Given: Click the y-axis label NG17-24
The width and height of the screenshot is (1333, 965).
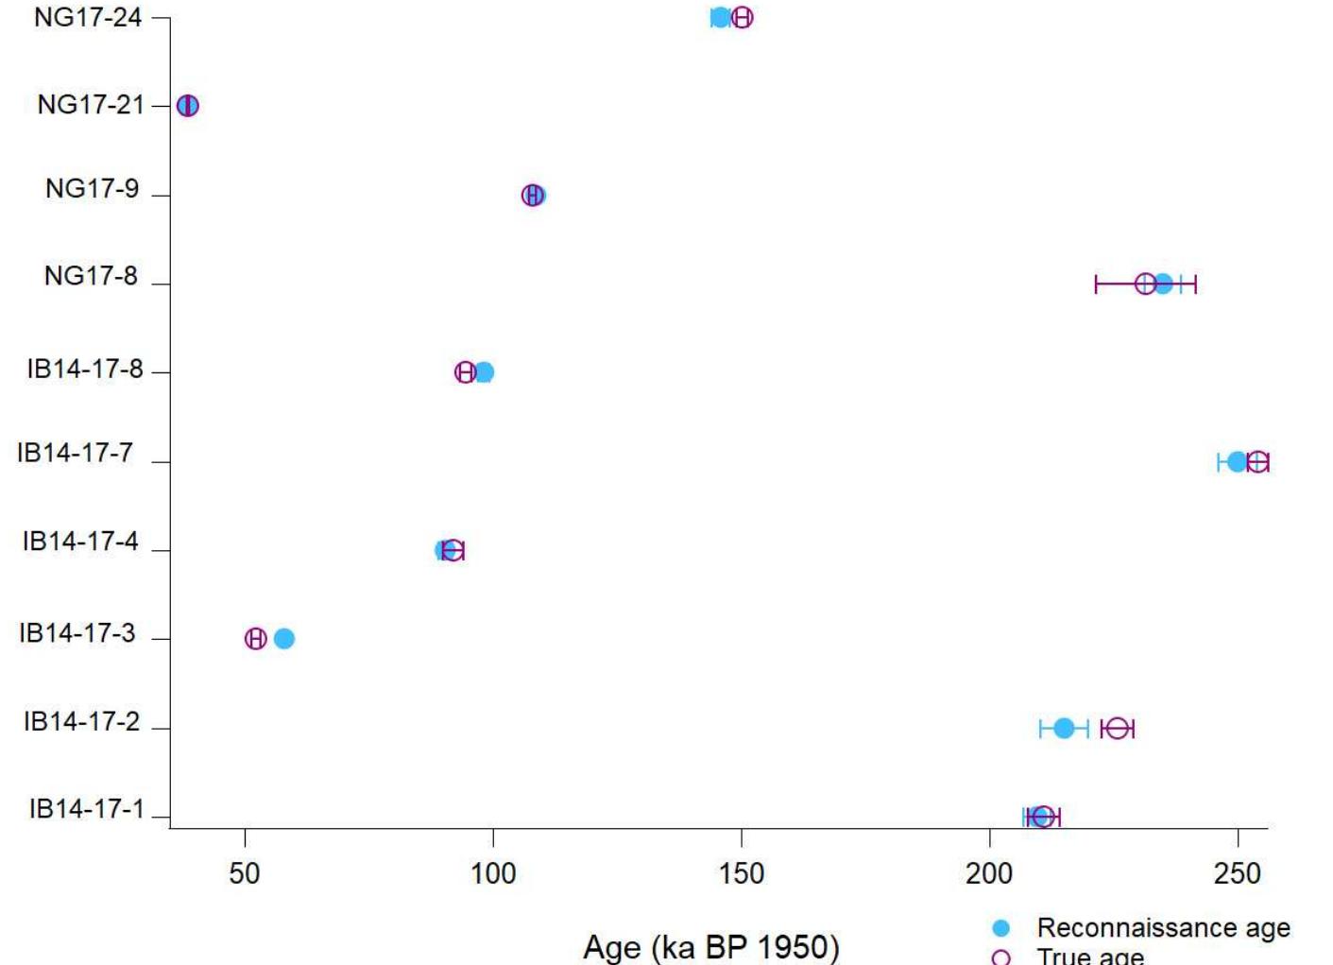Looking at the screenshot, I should [x=88, y=17].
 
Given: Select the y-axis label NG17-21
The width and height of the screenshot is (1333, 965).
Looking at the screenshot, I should [x=91, y=105].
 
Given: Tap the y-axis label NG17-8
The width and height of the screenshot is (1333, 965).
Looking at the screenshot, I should [x=91, y=276].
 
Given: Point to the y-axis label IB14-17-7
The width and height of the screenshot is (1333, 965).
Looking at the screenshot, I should [x=75, y=453].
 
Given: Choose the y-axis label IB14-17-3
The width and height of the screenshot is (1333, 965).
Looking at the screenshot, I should [x=77, y=633].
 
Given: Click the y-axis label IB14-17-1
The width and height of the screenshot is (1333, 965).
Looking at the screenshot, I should [x=86, y=809].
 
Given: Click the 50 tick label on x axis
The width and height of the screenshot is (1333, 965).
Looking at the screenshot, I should [x=245, y=873].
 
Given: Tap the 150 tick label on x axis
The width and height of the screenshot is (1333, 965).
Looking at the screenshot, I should [x=742, y=873].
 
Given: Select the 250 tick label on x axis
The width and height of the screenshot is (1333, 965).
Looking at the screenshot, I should [x=1238, y=873].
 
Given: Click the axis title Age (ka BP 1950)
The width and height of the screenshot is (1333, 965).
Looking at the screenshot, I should [x=710, y=946].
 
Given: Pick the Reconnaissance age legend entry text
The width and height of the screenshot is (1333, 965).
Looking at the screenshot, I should [x=1163, y=928].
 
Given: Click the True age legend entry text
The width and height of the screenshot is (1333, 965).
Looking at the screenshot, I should [x=1090, y=956].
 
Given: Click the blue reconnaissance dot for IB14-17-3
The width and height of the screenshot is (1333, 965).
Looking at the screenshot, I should [x=283, y=639].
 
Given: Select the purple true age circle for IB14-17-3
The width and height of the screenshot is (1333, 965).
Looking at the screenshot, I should [x=255, y=639].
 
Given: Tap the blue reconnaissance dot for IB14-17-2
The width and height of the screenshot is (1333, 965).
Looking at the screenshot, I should [x=1064, y=729].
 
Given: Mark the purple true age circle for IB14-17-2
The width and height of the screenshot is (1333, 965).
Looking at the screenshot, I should [x=1118, y=729].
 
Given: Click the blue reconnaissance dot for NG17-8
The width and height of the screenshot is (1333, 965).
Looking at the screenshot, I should [x=1163, y=284].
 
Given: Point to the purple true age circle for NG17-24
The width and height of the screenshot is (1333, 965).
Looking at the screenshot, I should [x=743, y=17].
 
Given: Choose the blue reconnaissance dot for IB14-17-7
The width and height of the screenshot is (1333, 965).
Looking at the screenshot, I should [x=1237, y=462].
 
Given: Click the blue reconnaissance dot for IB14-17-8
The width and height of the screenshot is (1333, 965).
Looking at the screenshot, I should [x=484, y=372].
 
